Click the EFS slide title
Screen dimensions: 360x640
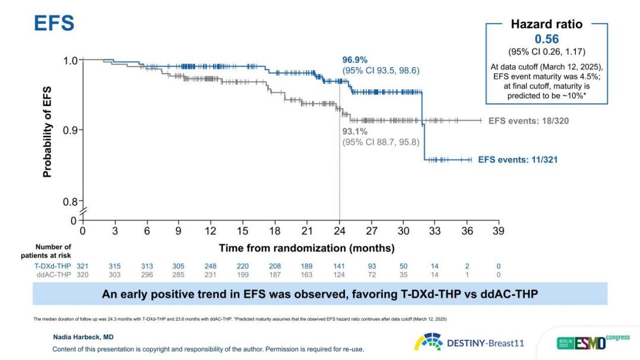tap(54, 23)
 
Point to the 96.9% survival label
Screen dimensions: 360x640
tap(354, 59)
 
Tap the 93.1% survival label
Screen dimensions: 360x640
tap(354, 132)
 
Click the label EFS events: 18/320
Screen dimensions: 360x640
tap(528, 121)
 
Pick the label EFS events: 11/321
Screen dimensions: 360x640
tap(518, 159)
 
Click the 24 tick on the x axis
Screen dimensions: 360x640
tap(340, 230)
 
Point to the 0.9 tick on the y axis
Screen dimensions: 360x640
tap(70, 130)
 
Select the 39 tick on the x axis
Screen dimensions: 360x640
tap(498, 230)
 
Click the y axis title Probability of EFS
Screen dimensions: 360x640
tap(47, 132)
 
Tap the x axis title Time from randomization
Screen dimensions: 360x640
tap(306, 248)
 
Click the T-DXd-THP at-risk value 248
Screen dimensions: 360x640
tap(211, 266)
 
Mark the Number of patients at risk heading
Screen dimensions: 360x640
tap(53, 251)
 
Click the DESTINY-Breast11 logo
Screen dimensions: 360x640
tap(469, 343)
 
